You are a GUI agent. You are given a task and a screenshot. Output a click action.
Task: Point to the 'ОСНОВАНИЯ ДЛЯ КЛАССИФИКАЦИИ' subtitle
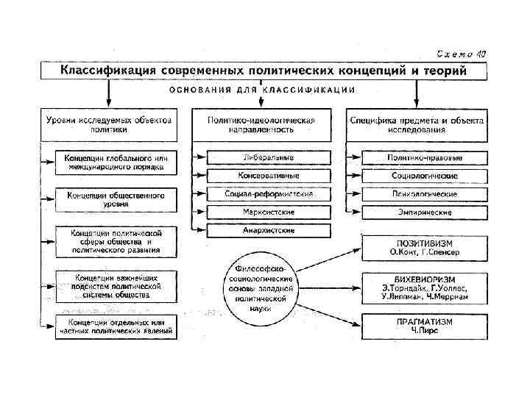point(263,90)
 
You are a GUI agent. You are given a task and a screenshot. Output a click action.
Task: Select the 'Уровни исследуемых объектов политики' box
point(109,124)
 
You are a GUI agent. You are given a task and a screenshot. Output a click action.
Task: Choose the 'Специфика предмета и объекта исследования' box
point(417,124)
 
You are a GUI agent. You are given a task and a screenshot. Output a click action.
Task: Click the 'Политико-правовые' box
point(423,158)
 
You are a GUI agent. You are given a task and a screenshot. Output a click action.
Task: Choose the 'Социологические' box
point(423,176)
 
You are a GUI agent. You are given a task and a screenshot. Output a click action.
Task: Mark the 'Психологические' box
point(423,195)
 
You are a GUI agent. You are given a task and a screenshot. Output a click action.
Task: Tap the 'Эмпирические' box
point(423,212)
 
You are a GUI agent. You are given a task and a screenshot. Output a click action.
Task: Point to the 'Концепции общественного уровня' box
point(116,199)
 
